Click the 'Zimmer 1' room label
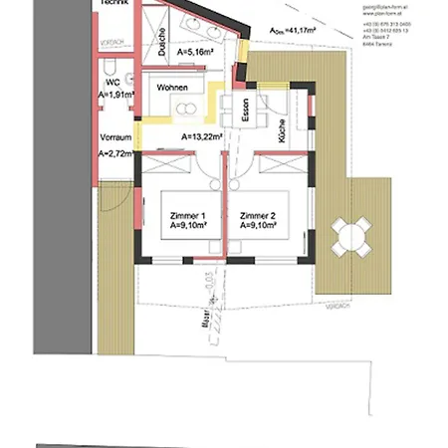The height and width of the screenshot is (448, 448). click(x=187, y=216)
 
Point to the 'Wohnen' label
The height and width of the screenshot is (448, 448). click(x=174, y=88)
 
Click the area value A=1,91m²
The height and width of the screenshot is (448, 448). click(x=116, y=96)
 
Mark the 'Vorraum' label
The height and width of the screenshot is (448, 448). click(x=116, y=136)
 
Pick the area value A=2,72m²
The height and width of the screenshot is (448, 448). click(x=116, y=154)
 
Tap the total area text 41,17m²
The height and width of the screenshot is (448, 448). click(x=297, y=31)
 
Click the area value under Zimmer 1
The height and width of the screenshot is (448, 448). click(x=187, y=226)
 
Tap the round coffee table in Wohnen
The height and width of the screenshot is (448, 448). click(x=185, y=108)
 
